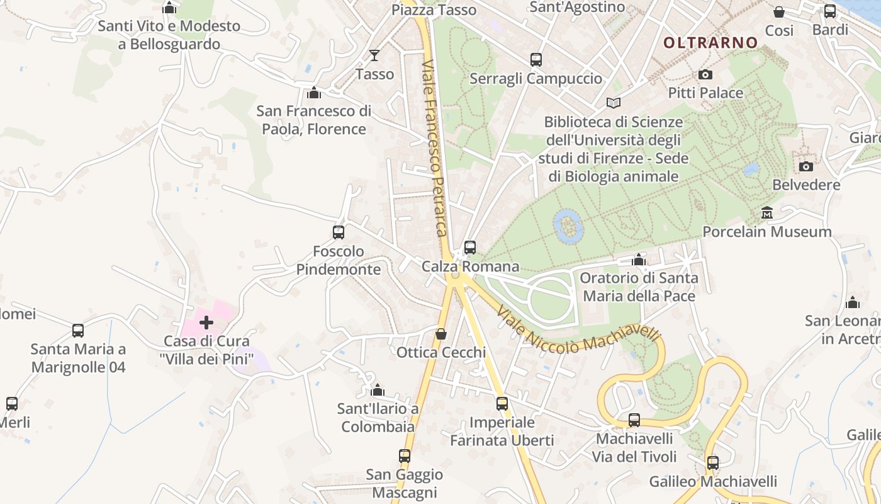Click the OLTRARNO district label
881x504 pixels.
[x=711, y=43]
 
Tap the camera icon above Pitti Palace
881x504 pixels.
[x=705, y=74]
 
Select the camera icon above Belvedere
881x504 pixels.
[x=805, y=166]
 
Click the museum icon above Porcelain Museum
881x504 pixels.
[x=767, y=213]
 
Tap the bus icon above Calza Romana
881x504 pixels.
[x=470, y=248]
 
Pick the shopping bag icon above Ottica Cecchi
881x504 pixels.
[x=441, y=333]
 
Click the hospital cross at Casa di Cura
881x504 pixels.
[x=206, y=323]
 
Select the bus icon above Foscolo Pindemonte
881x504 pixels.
[x=339, y=232]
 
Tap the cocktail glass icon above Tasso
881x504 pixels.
[x=374, y=55]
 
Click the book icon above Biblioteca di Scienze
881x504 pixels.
[x=613, y=103]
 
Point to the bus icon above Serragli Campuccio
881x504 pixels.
[x=536, y=60]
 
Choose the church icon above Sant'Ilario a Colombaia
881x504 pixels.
[x=378, y=390]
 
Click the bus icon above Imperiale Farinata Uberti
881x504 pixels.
[x=502, y=404]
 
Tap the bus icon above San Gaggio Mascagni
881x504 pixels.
[x=405, y=455]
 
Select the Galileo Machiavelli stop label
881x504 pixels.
[x=713, y=482]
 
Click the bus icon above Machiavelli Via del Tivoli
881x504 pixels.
[x=634, y=420]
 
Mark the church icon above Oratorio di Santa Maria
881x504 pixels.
[x=639, y=260]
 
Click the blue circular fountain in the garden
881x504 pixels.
[x=567, y=225]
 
